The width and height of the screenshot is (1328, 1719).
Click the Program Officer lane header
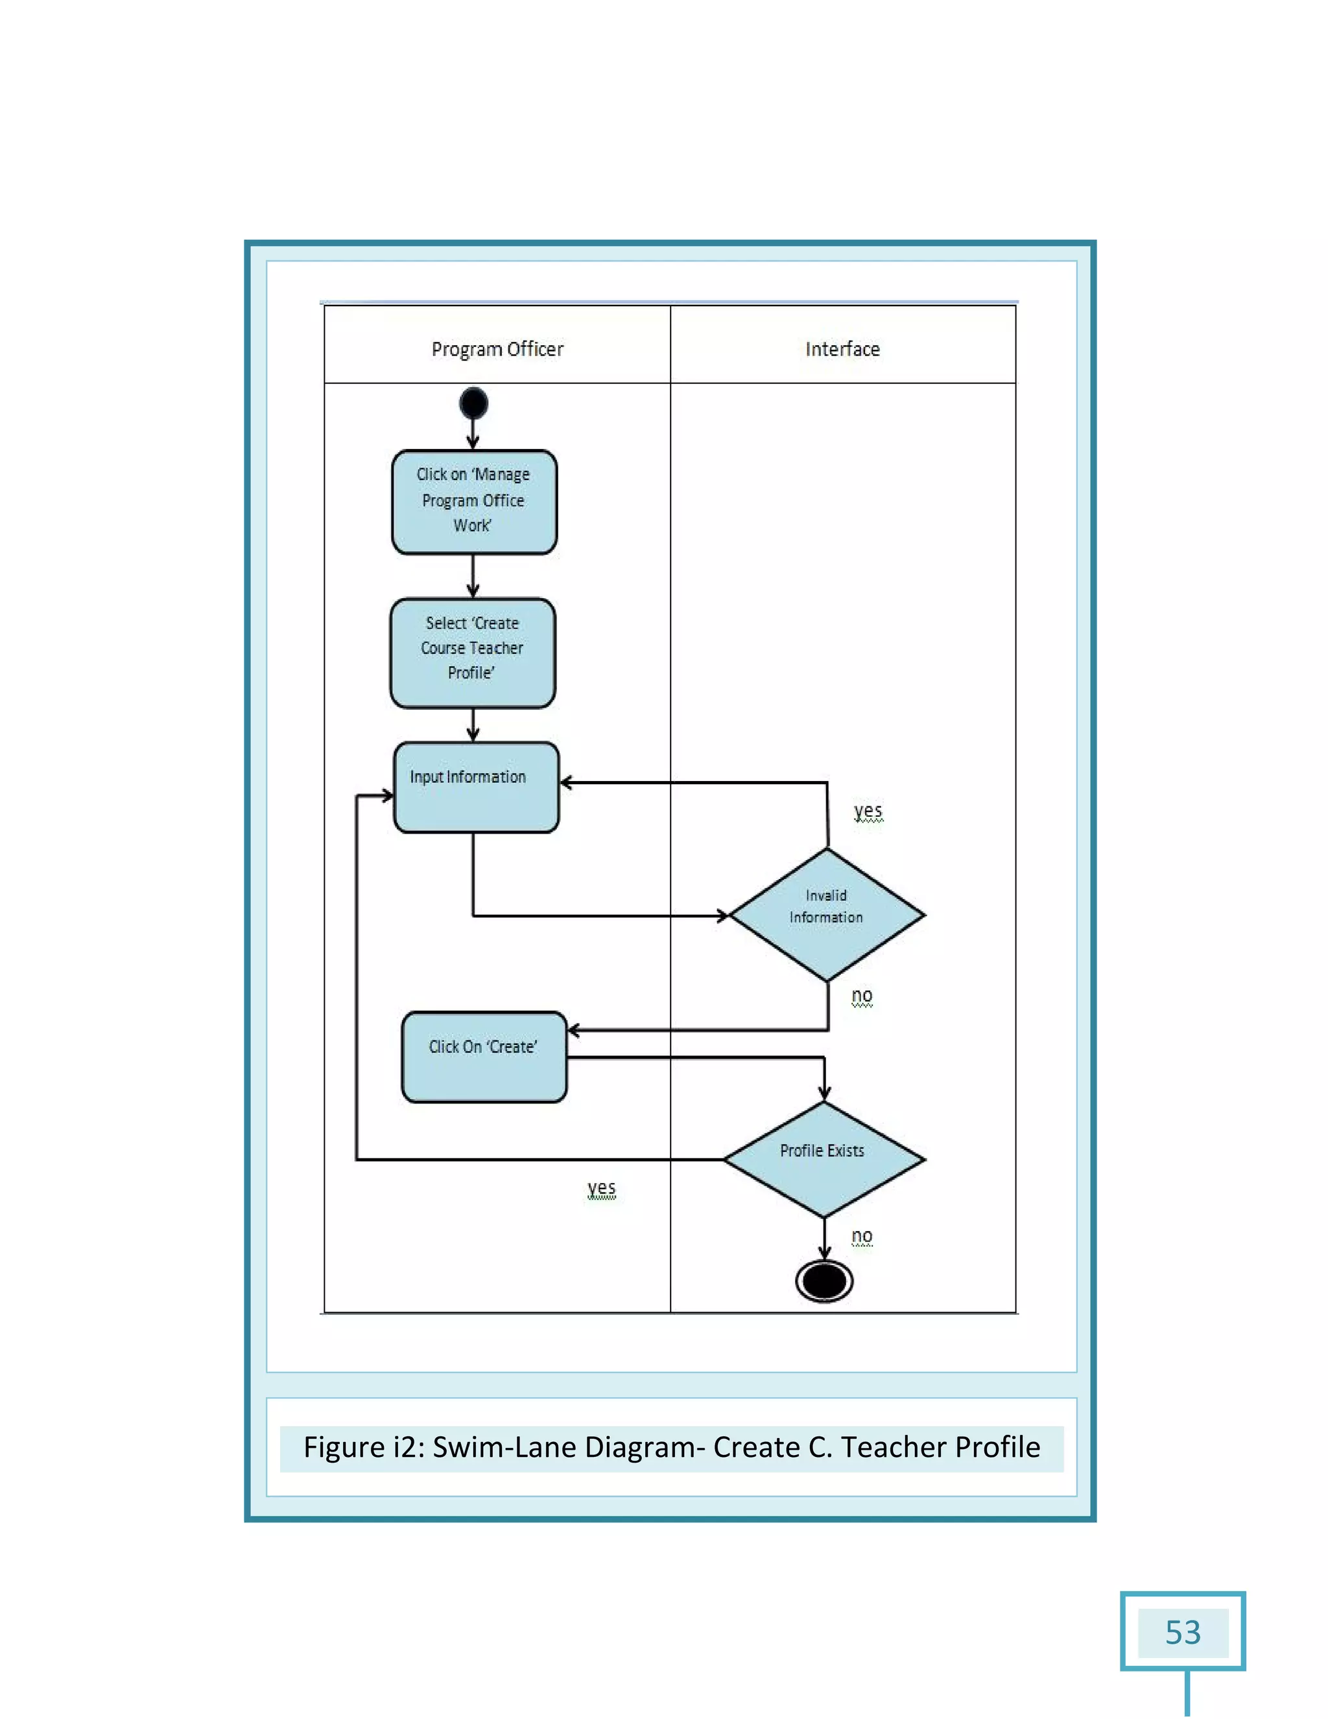[x=497, y=349]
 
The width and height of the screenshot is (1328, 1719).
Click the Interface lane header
[x=842, y=349]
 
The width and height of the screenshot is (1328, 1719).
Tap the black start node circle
[x=473, y=403]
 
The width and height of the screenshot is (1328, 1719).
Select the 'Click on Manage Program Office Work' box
[x=473, y=501]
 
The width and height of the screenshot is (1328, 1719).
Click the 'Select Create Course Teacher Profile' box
[x=472, y=653]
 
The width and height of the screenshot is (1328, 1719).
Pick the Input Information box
[x=476, y=787]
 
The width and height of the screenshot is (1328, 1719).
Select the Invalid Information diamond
[x=827, y=915]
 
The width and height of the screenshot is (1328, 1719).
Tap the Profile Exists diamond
[x=824, y=1158]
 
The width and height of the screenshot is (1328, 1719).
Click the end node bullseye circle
[x=824, y=1280]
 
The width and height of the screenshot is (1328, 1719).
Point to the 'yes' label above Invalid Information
[x=868, y=810]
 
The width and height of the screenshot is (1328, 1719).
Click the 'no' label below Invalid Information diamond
[x=862, y=996]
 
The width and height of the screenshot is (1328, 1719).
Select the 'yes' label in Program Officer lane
[x=601, y=1187]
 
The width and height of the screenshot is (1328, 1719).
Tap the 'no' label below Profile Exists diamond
[x=862, y=1236]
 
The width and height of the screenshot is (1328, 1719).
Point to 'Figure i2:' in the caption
[x=364, y=1447]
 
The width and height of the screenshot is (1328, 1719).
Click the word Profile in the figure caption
[x=997, y=1447]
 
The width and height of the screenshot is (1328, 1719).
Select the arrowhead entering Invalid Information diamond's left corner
[x=722, y=915]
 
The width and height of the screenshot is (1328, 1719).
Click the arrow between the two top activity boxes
[x=473, y=577]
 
